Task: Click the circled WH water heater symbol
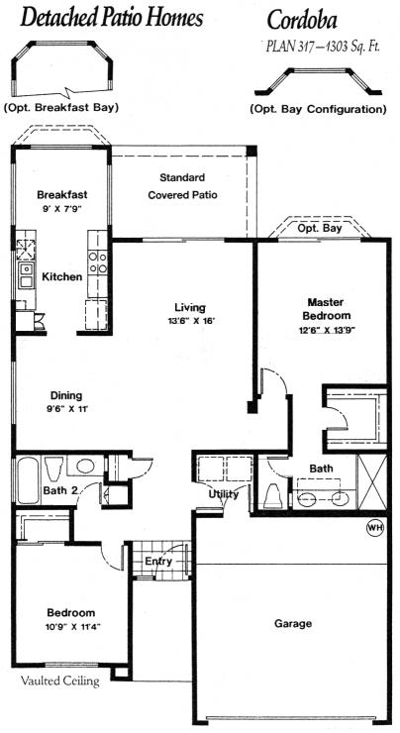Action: point(375,527)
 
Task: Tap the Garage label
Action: point(293,624)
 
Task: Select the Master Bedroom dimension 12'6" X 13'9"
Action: point(327,330)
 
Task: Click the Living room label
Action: point(190,307)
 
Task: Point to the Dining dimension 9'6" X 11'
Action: point(66,409)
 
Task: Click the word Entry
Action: point(158,561)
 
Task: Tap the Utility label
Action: point(224,494)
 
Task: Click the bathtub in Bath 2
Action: point(28,479)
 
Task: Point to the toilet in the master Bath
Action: point(273,496)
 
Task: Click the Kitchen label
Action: point(61,276)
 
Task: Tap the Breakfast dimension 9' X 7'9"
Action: point(62,209)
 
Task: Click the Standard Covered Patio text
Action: point(182,186)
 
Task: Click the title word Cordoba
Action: point(302,21)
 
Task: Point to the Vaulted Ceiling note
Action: point(59,681)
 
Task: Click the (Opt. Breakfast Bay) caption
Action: point(60,108)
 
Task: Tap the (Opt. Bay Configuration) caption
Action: point(318,109)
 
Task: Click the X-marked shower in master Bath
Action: point(372,482)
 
